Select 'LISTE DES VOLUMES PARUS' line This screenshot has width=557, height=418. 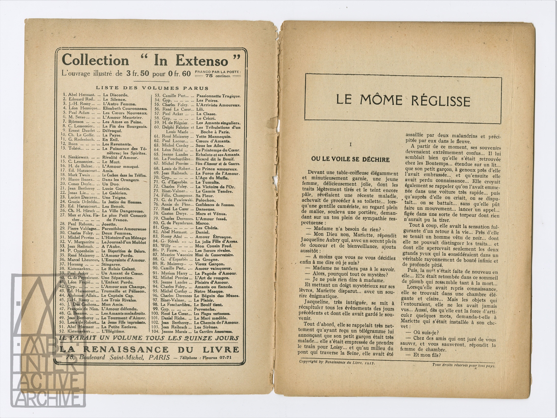coord(152,88)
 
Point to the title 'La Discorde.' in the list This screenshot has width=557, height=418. coord(116,95)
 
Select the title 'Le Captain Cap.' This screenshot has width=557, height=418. coord(117,296)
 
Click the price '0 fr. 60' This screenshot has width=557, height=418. coord(180,73)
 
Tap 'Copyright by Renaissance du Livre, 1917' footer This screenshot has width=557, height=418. coord(337,369)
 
